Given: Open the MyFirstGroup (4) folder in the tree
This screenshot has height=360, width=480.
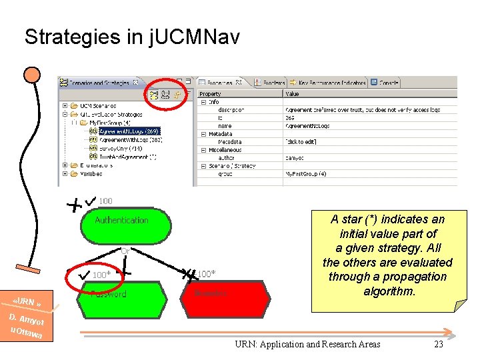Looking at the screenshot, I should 113,123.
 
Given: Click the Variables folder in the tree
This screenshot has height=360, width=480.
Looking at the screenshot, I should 87,173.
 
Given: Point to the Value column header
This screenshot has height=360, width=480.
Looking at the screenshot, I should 293,94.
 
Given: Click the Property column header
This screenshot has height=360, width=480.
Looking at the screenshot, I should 211,94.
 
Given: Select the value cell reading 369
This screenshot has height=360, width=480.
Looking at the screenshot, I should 291,118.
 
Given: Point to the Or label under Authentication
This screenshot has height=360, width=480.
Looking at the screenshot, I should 125,251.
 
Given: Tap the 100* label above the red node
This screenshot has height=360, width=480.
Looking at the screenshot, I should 206,274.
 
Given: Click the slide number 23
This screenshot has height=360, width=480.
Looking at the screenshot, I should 438,344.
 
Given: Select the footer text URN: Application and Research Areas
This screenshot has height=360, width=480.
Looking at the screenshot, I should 307,344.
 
